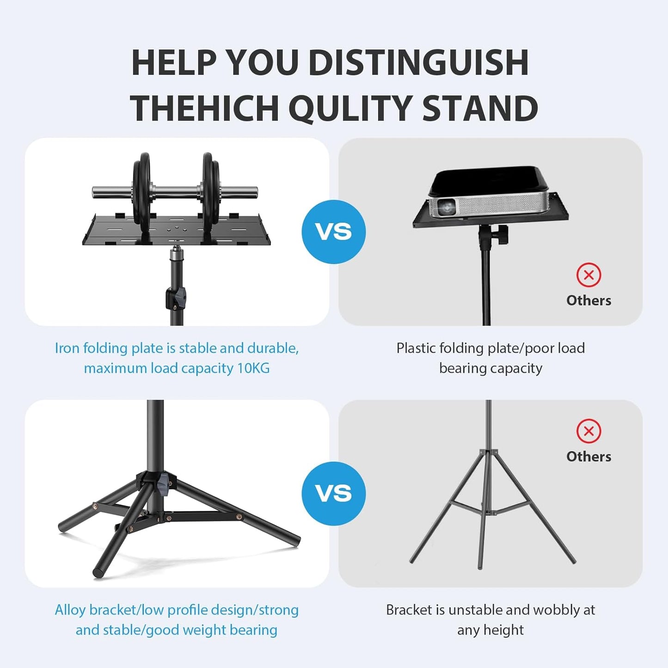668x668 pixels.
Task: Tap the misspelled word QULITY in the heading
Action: (x=350, y=108)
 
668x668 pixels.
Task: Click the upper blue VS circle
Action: (x=333, y=232)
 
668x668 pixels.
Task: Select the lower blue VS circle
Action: (x=333, y=493)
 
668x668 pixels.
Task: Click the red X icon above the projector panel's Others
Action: (x=588, y=275)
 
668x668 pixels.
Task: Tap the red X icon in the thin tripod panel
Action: (x=588, y=431)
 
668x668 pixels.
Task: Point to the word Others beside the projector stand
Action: (x=588, y=300)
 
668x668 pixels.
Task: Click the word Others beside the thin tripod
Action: (x=588, y=457)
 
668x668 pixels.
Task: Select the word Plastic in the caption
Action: (x=416, y=348)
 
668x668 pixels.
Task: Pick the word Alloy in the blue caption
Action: (x=70, y=610)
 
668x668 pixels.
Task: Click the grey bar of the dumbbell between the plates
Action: (x=176, y=191)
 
